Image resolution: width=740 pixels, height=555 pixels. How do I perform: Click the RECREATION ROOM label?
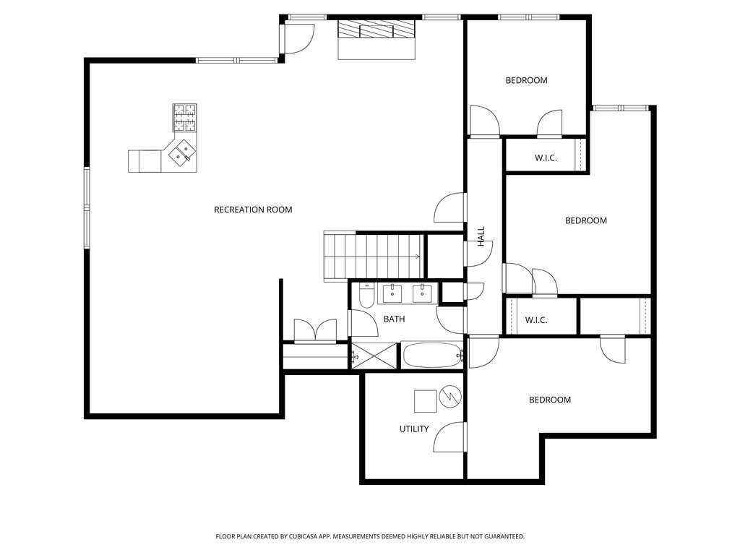[253, 210]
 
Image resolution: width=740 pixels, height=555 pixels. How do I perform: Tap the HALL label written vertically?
[481, 236]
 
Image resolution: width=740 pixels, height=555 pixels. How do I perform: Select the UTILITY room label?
[414, 429]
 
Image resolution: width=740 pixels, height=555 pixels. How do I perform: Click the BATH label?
[394, 319]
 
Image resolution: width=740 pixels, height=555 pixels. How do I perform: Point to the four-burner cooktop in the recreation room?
[185, 117]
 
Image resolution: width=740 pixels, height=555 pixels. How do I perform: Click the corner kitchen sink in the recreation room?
[181, 152]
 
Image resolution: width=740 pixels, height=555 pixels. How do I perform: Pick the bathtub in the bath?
[431, 356]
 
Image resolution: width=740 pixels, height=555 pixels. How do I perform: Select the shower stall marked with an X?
[374, 356]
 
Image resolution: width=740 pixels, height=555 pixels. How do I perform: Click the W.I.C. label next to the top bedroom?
[546, 158]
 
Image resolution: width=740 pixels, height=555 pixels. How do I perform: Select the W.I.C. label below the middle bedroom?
[535, 319]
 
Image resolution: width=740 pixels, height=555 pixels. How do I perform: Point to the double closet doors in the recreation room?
[315, 330]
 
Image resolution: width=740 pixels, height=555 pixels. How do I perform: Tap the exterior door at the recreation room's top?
[298, 38]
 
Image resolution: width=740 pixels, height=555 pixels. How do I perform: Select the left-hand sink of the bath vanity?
[393, 293]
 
